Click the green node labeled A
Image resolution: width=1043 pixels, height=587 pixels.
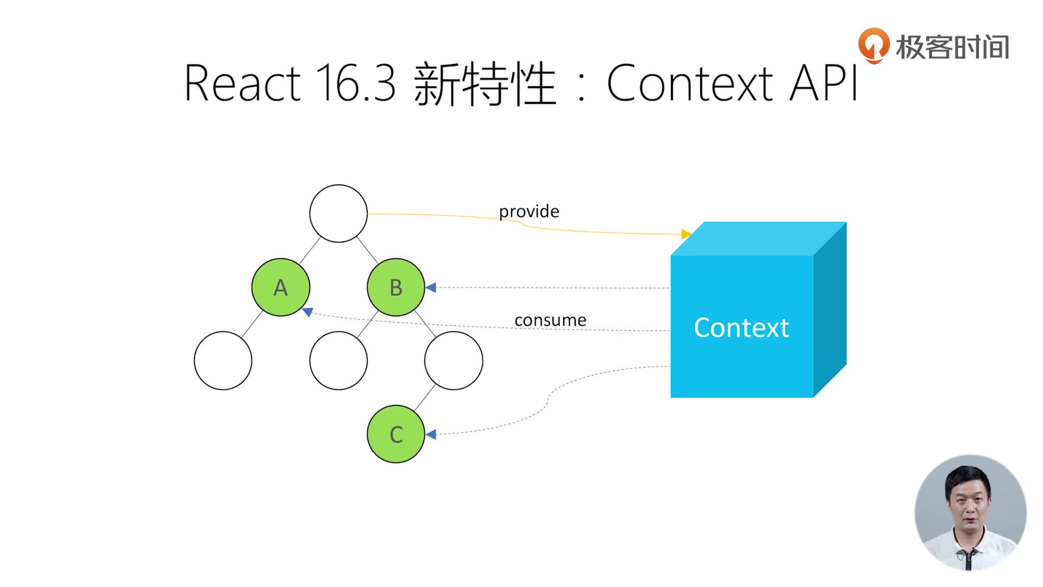280,287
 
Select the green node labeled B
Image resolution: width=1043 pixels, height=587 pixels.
395,287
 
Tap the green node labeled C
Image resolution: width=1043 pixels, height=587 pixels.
395,434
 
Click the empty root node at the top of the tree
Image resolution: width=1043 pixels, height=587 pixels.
338,213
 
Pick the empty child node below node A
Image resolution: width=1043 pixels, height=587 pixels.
223,360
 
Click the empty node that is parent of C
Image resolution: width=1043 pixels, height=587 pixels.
454,360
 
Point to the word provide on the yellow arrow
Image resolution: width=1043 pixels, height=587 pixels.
529,211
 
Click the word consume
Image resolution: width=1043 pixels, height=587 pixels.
550,320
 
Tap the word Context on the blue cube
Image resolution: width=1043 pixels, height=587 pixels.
741,328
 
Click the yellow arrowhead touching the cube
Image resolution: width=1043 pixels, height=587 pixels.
686,234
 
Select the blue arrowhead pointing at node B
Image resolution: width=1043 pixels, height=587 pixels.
431,288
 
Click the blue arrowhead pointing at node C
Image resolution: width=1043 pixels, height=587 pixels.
431,434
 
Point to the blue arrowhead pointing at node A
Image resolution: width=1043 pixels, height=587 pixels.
308,312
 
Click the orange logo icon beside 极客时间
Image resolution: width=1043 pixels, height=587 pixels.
873,46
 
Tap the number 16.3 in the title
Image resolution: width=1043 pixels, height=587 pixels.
355,83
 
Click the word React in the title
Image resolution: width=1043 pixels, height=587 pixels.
242,83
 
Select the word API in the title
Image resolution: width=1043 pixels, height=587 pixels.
824,83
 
